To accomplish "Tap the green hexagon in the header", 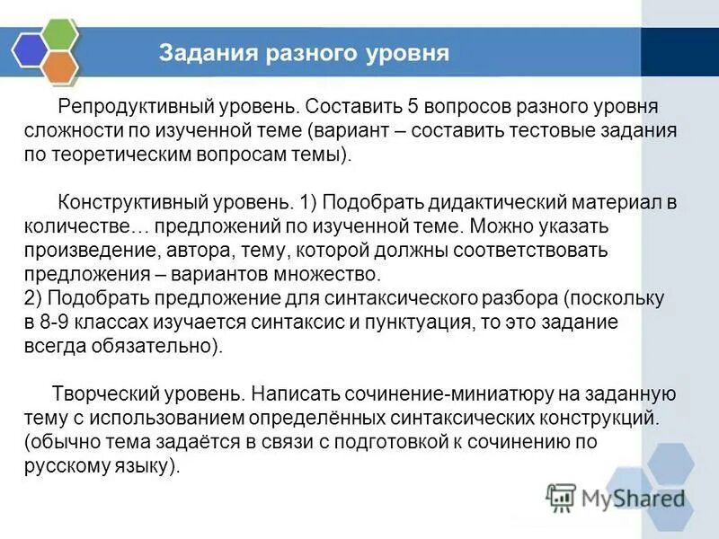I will point(58,34).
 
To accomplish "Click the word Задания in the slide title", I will point(204,52).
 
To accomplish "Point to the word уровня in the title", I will point(407,52).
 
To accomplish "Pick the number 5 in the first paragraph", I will point(413,107).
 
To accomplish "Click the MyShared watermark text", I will point(634,497).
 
